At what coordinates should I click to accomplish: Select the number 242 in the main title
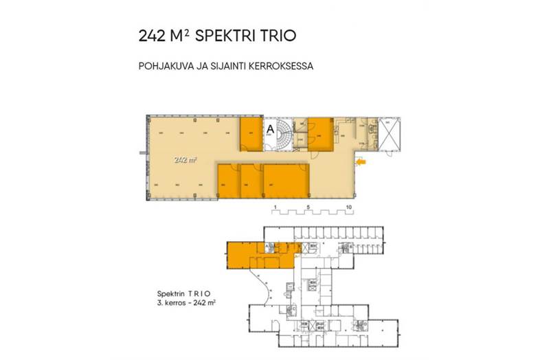[x=150, y=35]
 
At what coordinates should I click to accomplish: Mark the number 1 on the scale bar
[x=273, y=207]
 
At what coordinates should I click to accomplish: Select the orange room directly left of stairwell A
[x=251, y=134]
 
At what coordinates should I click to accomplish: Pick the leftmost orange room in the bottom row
[x=228, y=179]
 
